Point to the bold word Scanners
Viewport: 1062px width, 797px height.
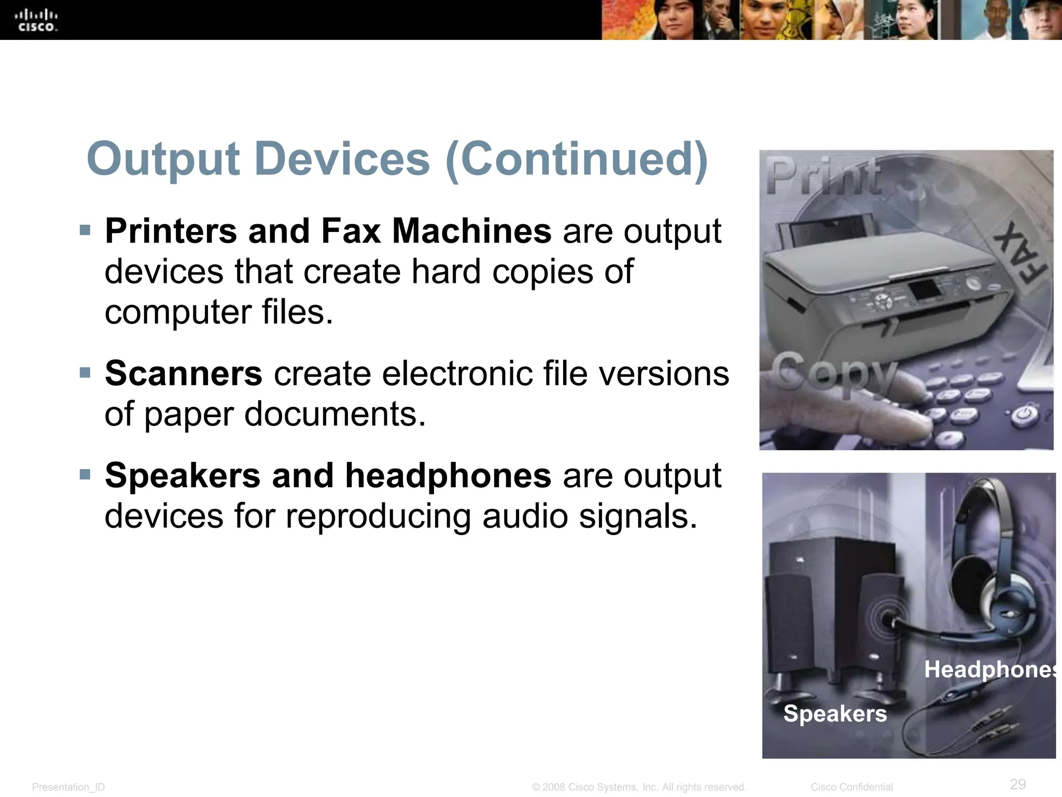click(x=184, y=373)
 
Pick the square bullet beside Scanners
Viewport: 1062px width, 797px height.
click(x=85, y=372)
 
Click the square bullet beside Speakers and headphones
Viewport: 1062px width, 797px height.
click(x=85, y=474)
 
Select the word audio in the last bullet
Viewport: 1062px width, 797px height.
click(x=525, y=516)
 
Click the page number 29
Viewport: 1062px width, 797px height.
click(x=1017, y=784)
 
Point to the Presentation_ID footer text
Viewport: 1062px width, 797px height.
click(x=68, y=787)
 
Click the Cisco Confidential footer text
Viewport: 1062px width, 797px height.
click(x=851, y=787)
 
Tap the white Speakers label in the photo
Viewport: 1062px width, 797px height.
click(x=835, y=713)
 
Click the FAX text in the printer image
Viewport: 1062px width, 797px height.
click(x=1021, y=253)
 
